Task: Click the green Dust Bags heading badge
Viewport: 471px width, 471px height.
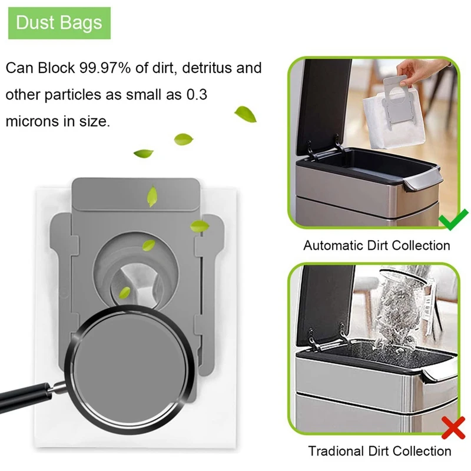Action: click(59, 23)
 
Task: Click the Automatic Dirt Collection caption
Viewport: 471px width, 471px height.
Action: click(376, 246)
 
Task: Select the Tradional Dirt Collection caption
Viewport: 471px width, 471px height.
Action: click(380, 452)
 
